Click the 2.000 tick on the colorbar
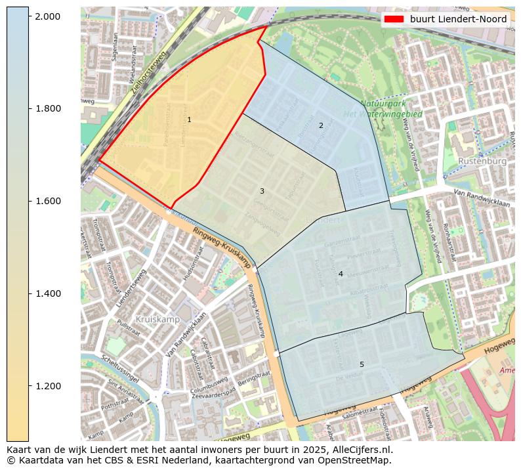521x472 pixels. pyautogui.click(x=49, y=16)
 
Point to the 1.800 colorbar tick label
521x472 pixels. pyautogui.click(x=49, y=108)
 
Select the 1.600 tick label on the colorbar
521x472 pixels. pyautogui.click(x=49, y=201)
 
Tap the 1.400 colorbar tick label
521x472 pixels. pyautogui.click(x=49, y=293)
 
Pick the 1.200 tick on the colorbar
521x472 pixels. pyautogui.click(x=49, y=386)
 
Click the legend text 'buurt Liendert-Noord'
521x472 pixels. pyautogui.click(x=458, y=19)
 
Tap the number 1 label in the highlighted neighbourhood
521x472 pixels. pyautogui.click(x=189, y=120)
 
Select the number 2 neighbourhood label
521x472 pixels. pyautogui.click(x=321, y=125)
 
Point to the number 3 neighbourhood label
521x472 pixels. pyautogui.click(x=262, y=192)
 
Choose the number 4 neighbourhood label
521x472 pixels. pyautogui.click(x=341, y=274)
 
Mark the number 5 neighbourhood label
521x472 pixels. pyautogui.click(x=362, y=364)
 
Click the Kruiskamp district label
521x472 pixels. pyautogui.click(x=157, y=319)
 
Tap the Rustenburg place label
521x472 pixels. pyautogui.click(x=482, y=161)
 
